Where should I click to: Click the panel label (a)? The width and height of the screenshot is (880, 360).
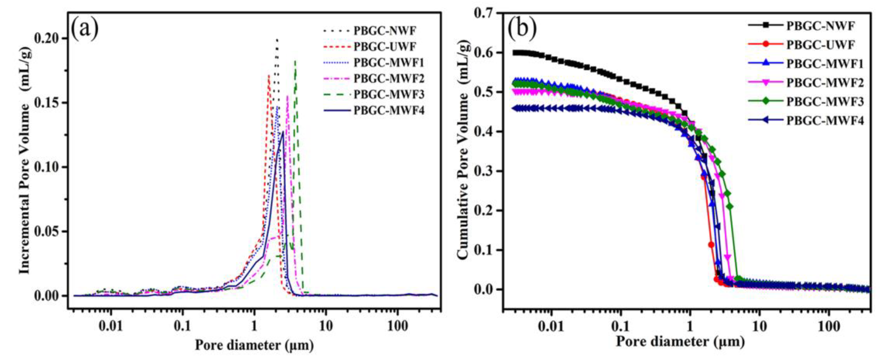point(85,29)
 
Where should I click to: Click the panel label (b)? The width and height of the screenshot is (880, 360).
point(522,29)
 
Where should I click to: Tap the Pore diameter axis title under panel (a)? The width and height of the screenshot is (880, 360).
point(254,345)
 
